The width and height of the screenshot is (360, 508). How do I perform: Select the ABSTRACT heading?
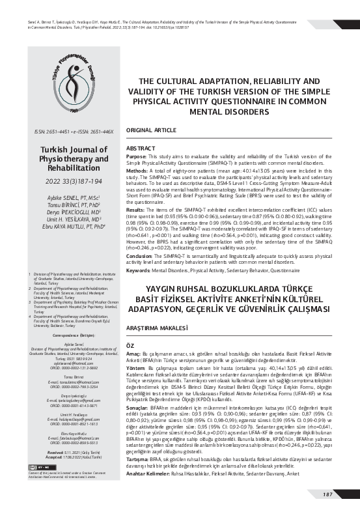tap(139, 149)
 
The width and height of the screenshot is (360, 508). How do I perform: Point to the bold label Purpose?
tap(136, 157)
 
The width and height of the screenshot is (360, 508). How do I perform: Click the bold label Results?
tap(135, 210)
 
